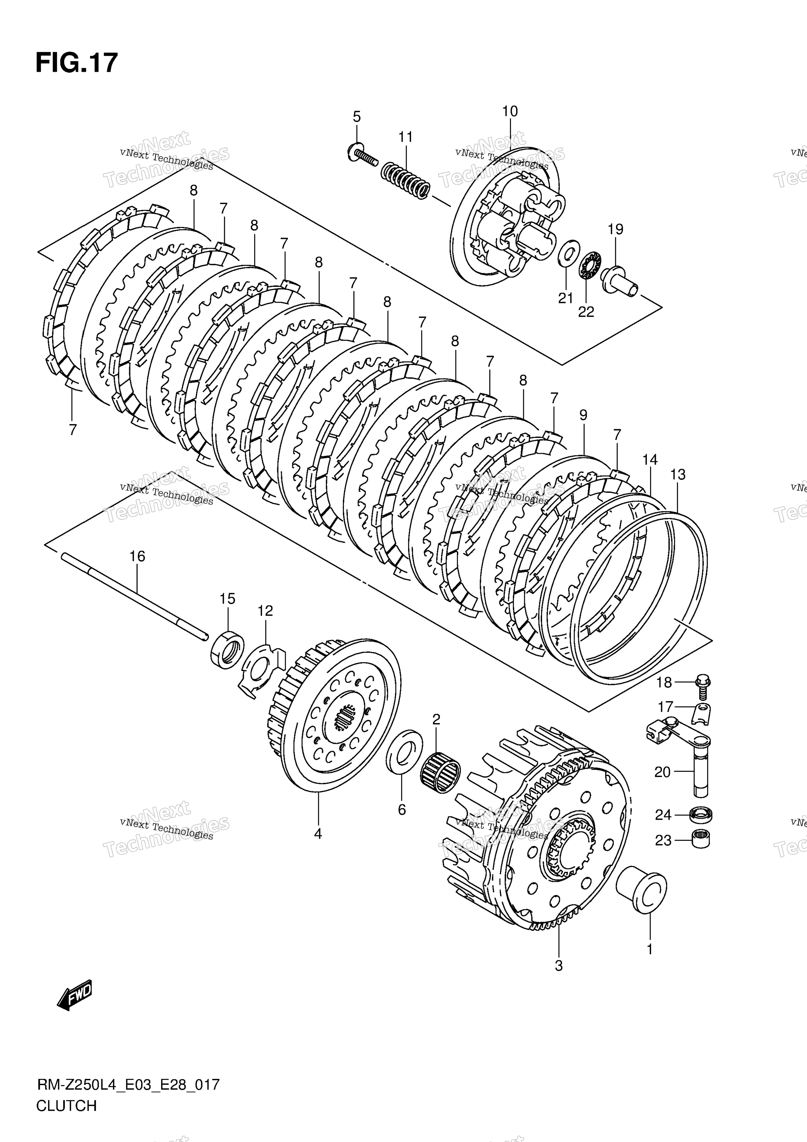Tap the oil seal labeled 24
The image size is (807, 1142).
point(701,814)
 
